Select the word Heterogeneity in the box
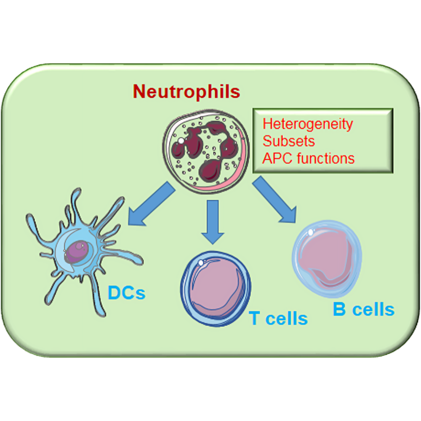click(x=307, y=124)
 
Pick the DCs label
click(x=126, y=293)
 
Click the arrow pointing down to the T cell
click(x=213, y=221)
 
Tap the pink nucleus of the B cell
click(x=324, y=257)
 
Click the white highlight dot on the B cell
click(x=311, y=232)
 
